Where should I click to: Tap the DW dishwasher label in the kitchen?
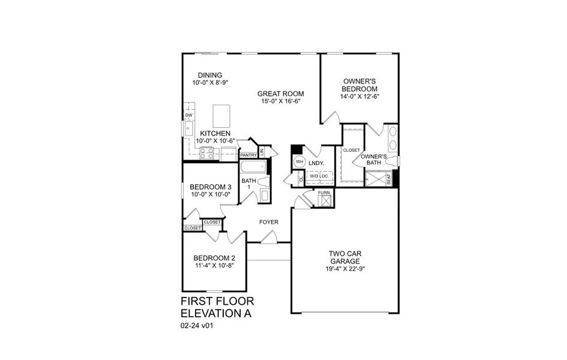click(188, 115)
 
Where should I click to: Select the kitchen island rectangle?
click(221, 113)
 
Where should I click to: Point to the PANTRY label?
click(248, 155)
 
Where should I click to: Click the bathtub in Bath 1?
click(255, 167)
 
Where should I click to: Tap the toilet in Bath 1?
click(265, 196)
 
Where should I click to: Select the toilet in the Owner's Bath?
click(392, 161)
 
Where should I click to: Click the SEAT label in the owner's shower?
click(388, 179)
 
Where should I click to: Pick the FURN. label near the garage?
click(324, 193)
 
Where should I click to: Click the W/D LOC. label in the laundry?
click(318, 176)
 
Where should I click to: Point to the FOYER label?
click(268, 222)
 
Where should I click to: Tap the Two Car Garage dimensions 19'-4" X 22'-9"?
click(344, 269)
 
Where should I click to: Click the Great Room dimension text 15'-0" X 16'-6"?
click(280, 101)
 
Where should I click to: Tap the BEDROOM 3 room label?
click(206, 187)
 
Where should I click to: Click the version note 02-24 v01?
click(197, 326)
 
